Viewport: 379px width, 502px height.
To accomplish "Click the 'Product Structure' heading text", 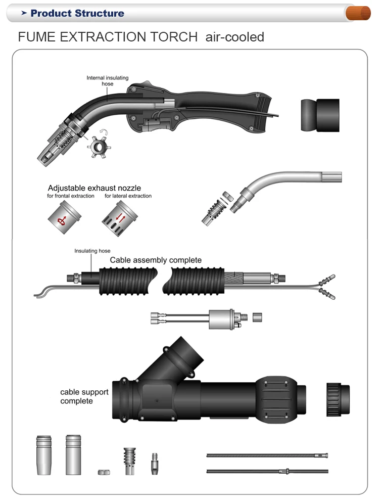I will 77,13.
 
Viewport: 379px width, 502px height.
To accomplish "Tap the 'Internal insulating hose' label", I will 107,81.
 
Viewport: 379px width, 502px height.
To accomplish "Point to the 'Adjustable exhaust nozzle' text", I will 94,188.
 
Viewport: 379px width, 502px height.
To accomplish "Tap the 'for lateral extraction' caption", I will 128,196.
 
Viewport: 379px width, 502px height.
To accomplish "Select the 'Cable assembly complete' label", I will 156,260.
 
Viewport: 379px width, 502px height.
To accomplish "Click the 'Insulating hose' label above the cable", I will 92,251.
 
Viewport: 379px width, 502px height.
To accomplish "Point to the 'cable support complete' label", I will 77,396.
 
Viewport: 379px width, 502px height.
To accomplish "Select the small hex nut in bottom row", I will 102,471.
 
